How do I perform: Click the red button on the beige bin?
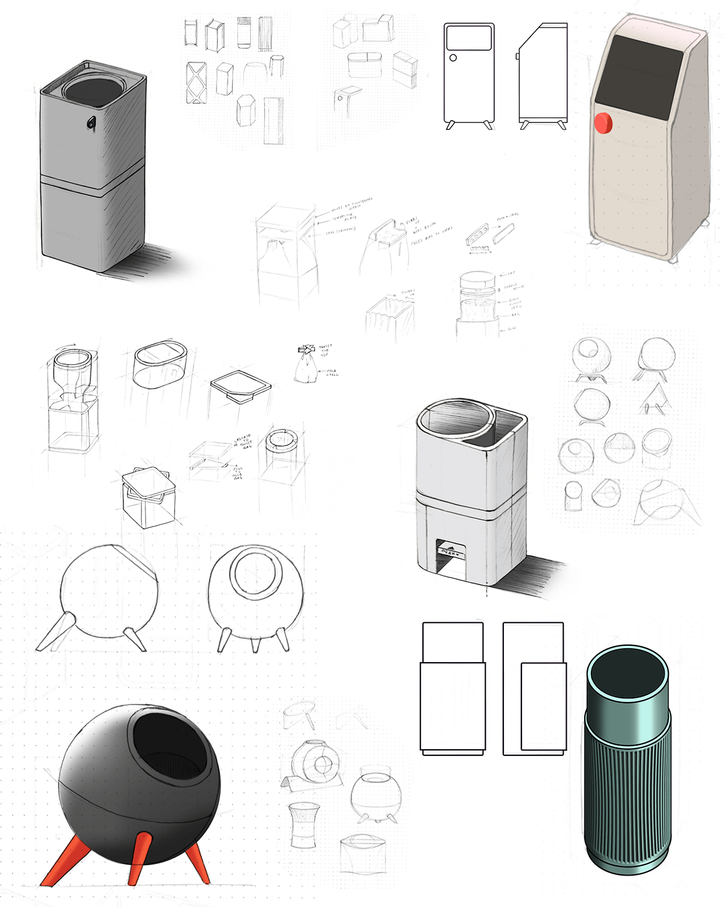(x=603, y=123)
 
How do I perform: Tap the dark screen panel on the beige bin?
(x=639, y=77)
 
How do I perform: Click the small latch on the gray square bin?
(x=91, y=123)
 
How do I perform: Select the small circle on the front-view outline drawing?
(x=453, y=57)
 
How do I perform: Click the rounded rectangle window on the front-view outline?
(x=469, y=37)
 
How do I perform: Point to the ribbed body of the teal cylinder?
(x=627, y=786)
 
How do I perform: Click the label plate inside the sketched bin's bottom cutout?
(x=451, y=552)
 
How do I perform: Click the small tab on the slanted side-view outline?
(x=518, y=56)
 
